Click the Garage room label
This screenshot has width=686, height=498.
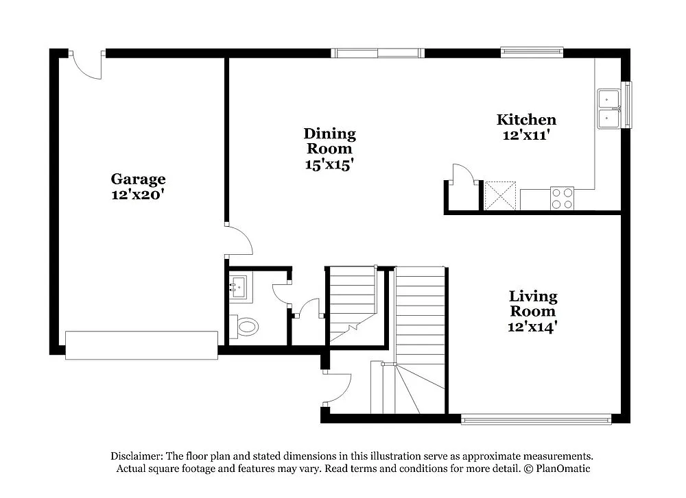138,179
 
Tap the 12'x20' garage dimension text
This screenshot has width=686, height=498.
138,194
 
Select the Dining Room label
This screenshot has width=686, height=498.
329,140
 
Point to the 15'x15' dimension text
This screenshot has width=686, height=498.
329,164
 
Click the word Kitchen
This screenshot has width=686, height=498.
526,120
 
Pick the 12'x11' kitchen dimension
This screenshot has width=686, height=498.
526,135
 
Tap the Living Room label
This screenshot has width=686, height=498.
532,303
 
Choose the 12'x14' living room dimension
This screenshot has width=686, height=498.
532,327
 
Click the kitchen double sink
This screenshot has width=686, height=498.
609,109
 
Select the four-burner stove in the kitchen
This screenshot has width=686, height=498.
562,198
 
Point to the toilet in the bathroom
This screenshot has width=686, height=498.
245,327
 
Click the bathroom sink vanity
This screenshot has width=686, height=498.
240,286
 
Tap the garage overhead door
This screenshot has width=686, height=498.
141,341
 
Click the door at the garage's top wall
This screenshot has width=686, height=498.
87,65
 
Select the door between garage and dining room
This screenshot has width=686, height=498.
239,241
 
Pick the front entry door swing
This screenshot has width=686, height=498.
336,388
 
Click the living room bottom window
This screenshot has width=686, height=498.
536,419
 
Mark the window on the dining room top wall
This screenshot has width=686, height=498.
377,53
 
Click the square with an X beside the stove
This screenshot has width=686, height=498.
500,195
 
